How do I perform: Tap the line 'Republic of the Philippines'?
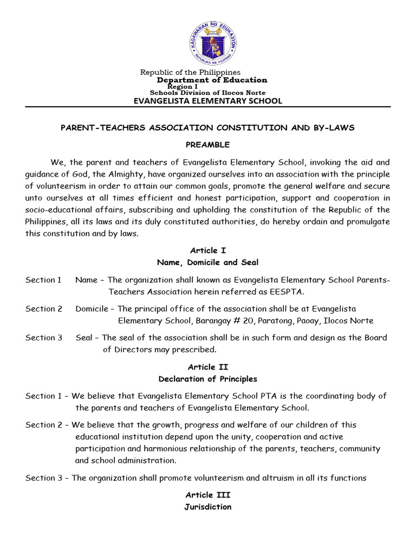click(x=190, y=72)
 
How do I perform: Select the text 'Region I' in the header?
click(x=183, y=86)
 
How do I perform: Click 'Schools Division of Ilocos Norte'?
click(x=209, y=93)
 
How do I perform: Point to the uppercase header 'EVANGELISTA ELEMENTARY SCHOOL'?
click(x=208, y=101)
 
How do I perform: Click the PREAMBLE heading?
click(x=208, y=145)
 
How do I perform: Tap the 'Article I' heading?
click(x=208, y=250)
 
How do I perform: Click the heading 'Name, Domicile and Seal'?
click(x=208, y=262)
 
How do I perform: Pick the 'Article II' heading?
click(x=208, y=367)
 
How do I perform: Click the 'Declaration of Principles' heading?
click(x=208, y=379)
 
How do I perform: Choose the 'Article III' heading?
click(x=208, y=495)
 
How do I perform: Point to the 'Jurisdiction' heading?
click(x=208, y=507)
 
